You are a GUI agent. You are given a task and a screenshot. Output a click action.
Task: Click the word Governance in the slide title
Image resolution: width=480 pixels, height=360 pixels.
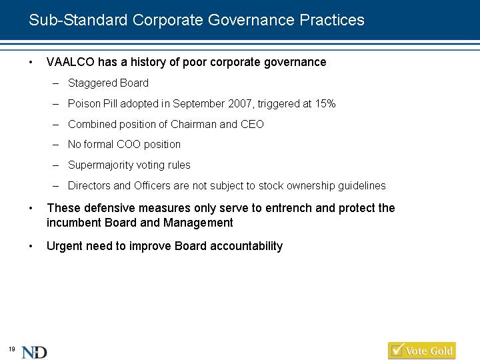(x=251, y=20)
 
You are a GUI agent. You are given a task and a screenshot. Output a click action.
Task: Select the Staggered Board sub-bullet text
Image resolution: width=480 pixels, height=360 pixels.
(x=108, y=83)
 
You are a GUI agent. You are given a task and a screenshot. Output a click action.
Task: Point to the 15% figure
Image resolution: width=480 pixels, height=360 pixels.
(x=325, y=104)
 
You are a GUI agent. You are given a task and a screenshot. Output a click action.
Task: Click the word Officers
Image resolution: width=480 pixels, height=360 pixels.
(x=152, y=185)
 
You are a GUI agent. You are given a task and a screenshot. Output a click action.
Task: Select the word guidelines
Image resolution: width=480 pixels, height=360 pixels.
(x=362, y=186)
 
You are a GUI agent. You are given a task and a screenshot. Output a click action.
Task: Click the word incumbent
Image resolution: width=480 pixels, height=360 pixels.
(x=74, y=223)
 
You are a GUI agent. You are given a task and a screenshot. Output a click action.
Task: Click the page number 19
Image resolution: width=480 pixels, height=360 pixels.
(x=11, y=349)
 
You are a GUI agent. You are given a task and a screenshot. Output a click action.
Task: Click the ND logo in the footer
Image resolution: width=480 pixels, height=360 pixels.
(x=34, y=353)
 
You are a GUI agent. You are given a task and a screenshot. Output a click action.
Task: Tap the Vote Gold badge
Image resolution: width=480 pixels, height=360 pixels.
(x=422, y=351)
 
